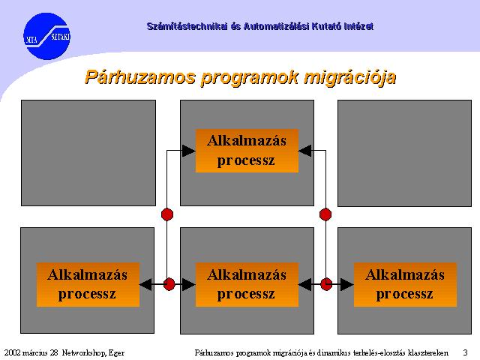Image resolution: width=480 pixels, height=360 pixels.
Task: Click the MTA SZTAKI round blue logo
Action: pyautogui.click(x=46, y=36)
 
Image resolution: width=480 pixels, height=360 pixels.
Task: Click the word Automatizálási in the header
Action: pyautogui.click(x=277, y=26)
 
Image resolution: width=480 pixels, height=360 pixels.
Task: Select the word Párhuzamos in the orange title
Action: pyautogui.click(x=140, y=77)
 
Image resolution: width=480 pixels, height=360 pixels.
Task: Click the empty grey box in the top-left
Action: pyautogui.click(x=88, y=153)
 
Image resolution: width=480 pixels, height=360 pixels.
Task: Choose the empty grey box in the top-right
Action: pyautogui.click(x=404, y=153)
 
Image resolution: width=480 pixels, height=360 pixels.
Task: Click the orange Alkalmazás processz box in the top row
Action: pyautogui.click(x=247, y=151)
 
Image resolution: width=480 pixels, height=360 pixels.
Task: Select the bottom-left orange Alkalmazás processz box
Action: pyautogui.click(x=88, y=285)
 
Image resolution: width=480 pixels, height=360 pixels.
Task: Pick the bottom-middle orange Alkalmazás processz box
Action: pyautogui.click(x=247, y=285)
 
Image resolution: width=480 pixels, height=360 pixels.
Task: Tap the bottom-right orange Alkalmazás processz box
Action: pyautogui.click(x=405, y=285)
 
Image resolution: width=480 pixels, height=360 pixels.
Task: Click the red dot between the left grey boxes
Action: pyautogui.click(x=167, y=214)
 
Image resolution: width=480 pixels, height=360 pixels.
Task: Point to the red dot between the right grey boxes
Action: pyautogui.click(x=325, y=214)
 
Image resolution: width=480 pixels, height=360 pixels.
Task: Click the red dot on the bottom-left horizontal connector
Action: pyautogui.click(x=169, y=284)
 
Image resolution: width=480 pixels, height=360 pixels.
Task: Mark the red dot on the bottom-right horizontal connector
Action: pyautogui.click(x=326, y=284)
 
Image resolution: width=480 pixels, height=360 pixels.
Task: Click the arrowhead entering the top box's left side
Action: pyautogui.click(x=189, y=151)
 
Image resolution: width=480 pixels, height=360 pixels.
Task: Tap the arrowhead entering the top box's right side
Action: pyautogui.click(x=305, y=151)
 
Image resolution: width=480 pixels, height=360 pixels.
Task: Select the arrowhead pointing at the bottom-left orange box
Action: pyautogui.click(x=145, y=285)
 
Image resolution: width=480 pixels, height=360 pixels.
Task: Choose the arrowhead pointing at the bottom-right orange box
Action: pyautogui.click(x=347, y=285)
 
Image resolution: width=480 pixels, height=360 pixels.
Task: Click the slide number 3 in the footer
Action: pyautogui.click(x=465, y=352)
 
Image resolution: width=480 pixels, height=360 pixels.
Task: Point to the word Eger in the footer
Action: pyautogui.click(x=116, y=353)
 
